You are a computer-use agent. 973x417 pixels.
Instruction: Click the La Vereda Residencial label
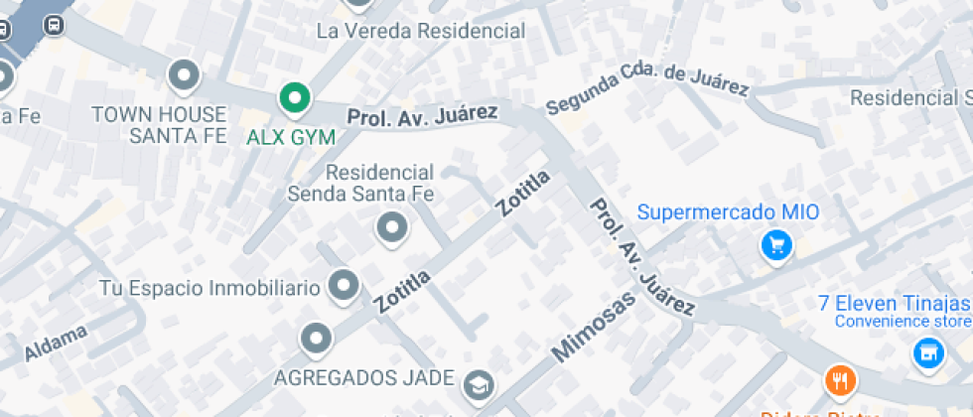pos(420,31)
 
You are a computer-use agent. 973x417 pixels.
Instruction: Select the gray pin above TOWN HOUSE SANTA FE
pos(184,74)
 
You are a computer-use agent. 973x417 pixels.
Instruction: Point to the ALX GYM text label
pos(291,137)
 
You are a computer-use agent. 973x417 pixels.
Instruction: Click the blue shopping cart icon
pos(775,245)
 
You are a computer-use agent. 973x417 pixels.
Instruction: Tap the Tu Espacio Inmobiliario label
pos(209,289)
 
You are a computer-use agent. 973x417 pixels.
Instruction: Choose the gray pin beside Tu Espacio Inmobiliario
pos(344,286)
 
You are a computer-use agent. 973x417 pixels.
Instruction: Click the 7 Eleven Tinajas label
pos(894,303)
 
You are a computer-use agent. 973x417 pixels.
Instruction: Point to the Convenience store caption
pos(903,321)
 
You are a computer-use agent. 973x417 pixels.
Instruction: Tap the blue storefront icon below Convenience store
pos(927,352)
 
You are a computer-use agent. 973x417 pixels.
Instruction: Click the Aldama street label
pos(56,344)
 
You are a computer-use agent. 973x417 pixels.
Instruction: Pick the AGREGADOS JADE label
pos(364,378)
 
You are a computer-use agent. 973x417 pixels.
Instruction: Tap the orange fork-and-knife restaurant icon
pos(840,380)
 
